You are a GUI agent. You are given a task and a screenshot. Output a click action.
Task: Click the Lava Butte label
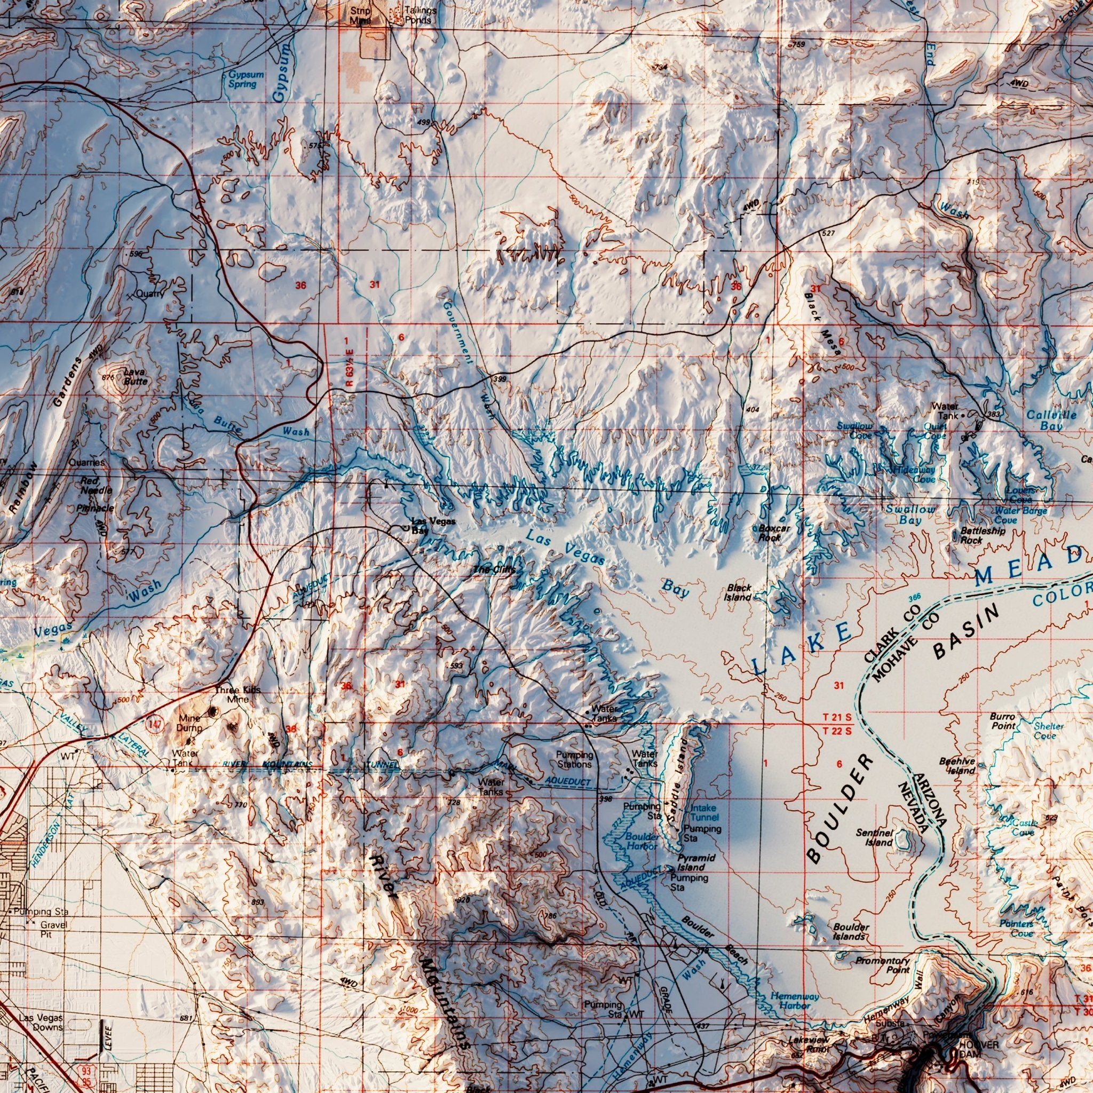[x=135, y=376]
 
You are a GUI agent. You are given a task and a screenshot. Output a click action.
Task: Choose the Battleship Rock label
[x=983, y=535]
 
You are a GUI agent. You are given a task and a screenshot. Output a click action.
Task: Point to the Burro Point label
[x=1002, y=720]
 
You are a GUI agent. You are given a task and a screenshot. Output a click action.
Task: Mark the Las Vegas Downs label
[x=40, y=1007]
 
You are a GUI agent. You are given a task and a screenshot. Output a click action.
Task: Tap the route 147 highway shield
[x=154, y=724]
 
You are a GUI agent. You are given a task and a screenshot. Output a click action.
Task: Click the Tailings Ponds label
[x=420, y=15]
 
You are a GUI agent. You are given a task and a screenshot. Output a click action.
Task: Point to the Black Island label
[x=739, y=592]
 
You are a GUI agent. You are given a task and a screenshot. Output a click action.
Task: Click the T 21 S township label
[x=837, y=717]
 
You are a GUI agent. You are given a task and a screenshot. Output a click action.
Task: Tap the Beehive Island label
[x=957, y=765]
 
